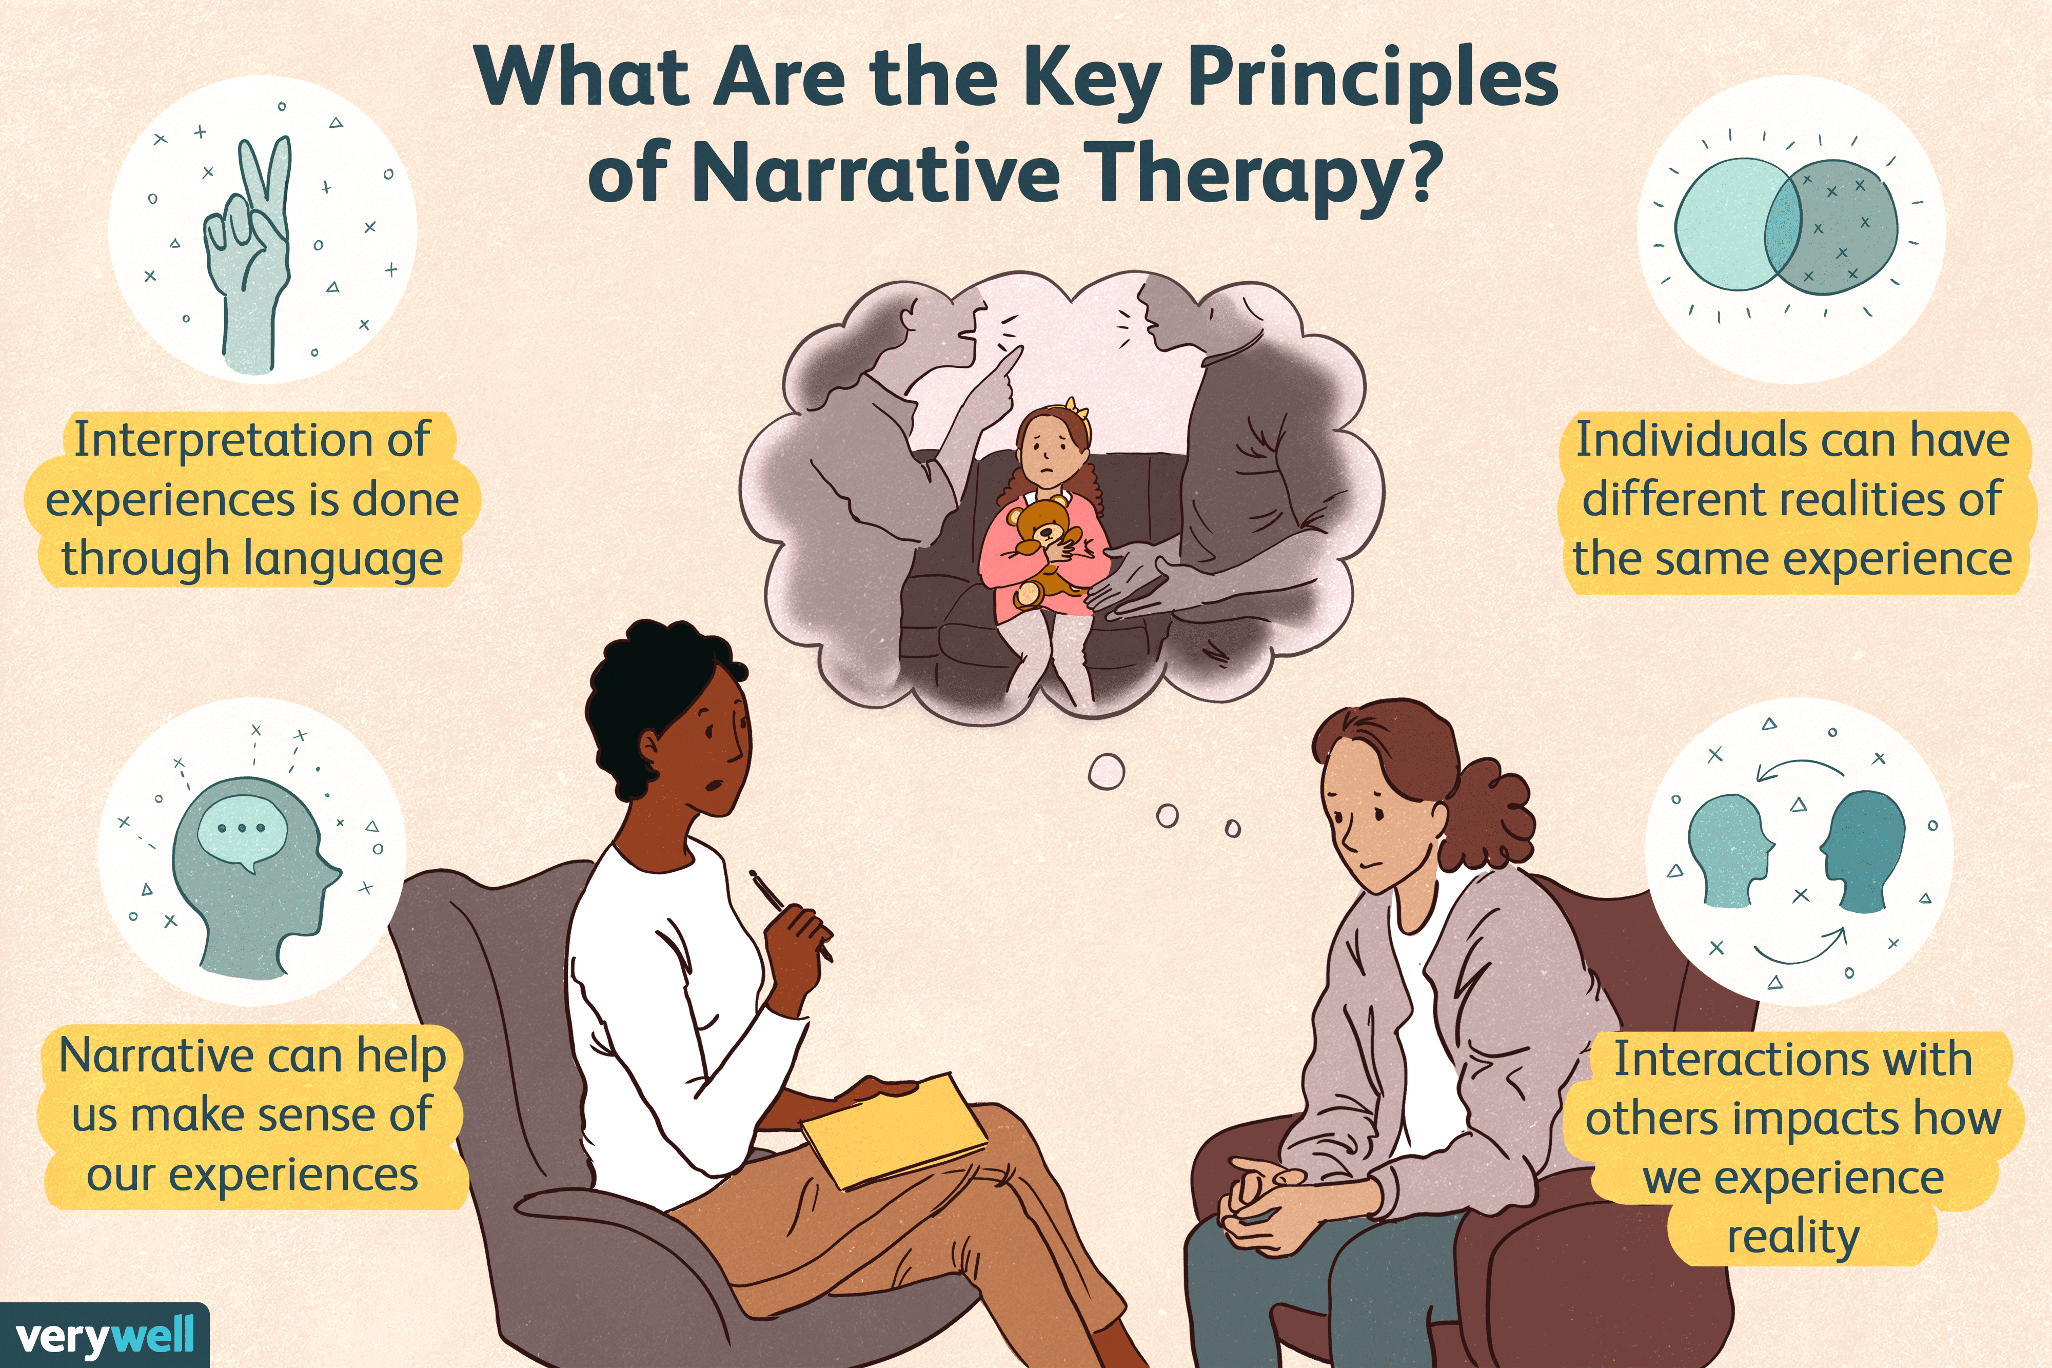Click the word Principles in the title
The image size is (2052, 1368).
[1373, 79]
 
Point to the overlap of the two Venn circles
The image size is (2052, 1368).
[1783, 224]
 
